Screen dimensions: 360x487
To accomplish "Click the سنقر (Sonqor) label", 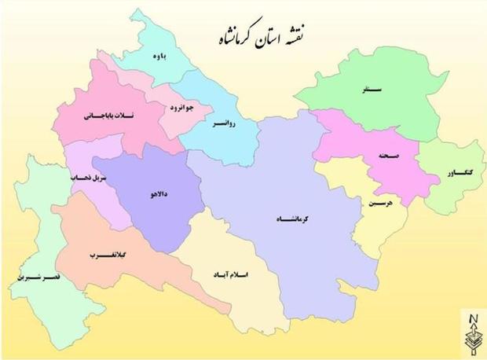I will click(x=374, y=91).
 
